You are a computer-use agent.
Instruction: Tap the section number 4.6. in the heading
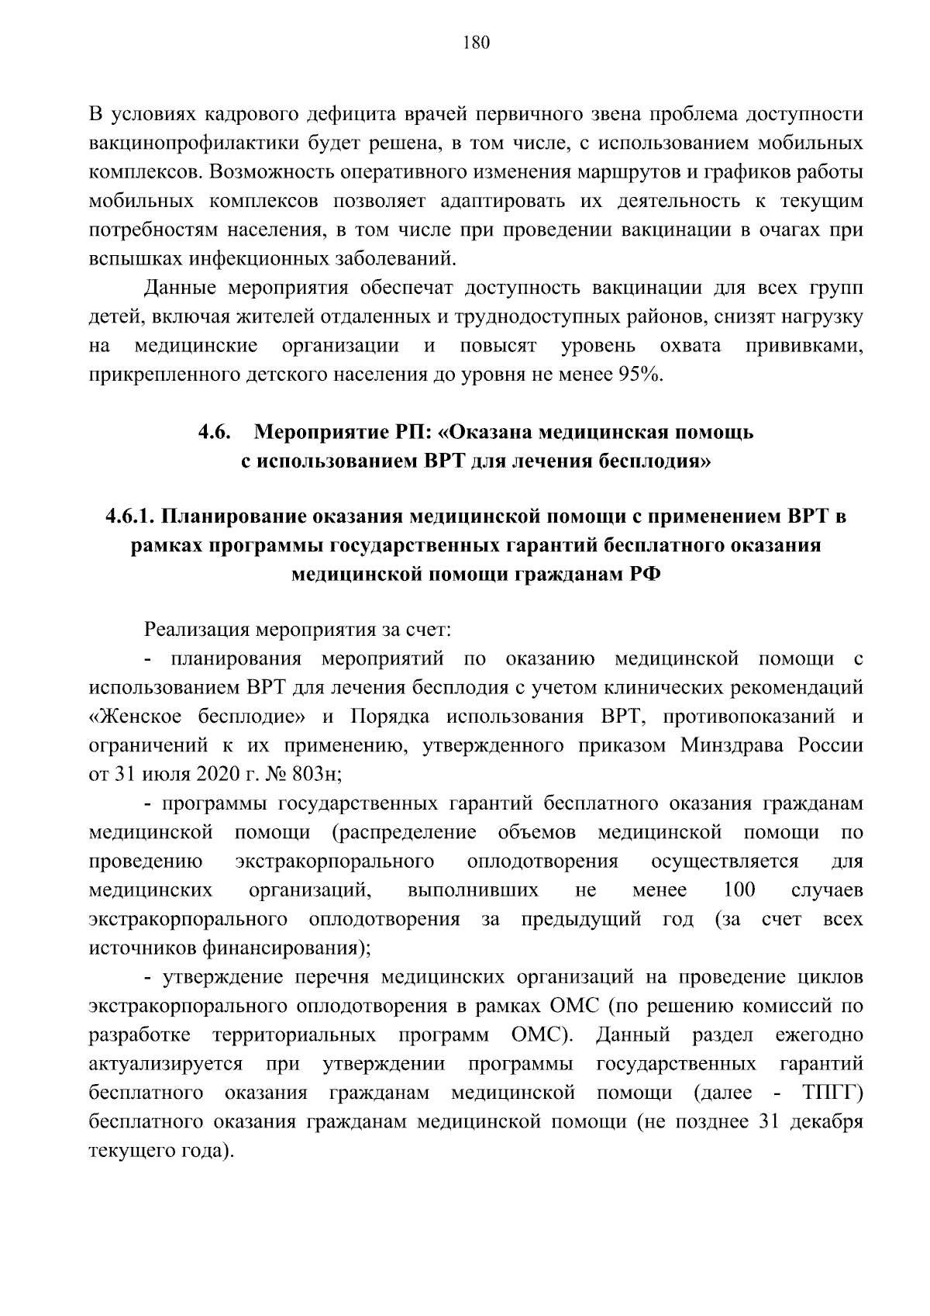pyautogui.click(x=214, y=432)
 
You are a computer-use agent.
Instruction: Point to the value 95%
pyautogui.click(x=640, y=375)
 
